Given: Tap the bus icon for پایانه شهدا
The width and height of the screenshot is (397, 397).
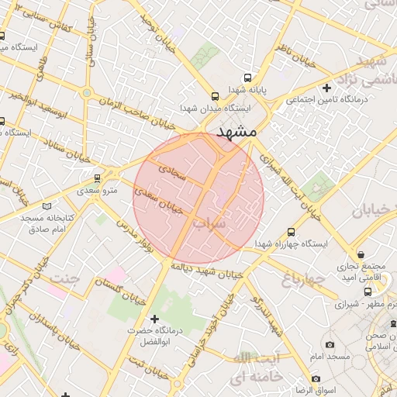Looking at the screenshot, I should (x=247, y=78).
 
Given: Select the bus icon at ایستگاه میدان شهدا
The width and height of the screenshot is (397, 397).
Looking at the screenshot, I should (x=214, y=96).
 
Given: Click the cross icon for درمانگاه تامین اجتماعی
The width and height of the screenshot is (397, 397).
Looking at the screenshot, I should (x=327, y=88).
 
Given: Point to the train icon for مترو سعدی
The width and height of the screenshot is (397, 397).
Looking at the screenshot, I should (x=97, y=178).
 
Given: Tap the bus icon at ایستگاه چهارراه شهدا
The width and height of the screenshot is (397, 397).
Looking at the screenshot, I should (x=291, y=231).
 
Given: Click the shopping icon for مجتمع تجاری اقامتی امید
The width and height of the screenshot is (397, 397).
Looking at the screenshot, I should (x=361, y=255).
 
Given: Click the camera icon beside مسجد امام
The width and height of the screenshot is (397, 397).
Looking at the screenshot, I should (x=330, y=344).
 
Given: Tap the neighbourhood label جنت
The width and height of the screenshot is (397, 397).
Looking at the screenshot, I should (x=64, y=278).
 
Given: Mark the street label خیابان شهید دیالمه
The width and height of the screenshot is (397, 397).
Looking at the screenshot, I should (x=203, y=271).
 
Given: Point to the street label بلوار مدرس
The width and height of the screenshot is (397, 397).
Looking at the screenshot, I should (x=132, y=233).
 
